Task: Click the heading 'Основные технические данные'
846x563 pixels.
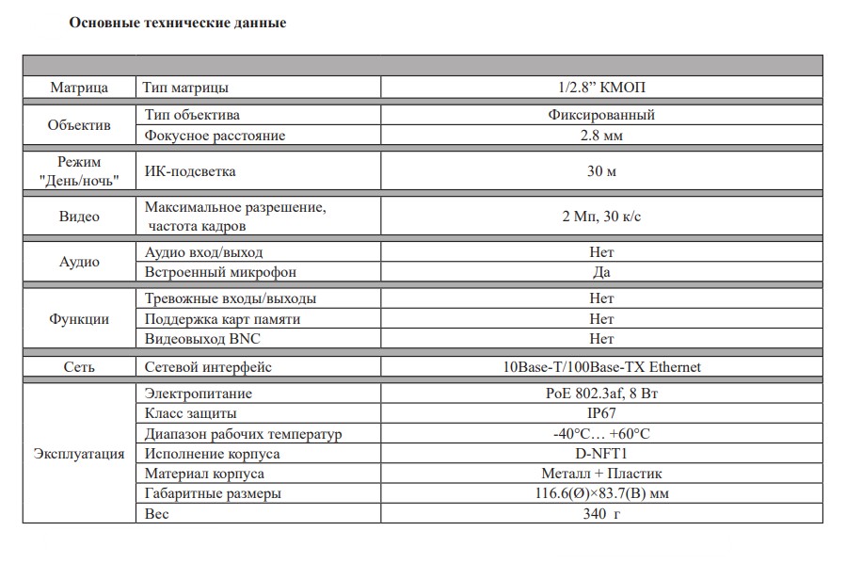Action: point(178,23)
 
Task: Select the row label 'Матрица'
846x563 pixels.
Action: point(79,88)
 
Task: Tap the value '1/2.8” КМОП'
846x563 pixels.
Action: point(601,88)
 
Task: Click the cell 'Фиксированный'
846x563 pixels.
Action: point(601,115)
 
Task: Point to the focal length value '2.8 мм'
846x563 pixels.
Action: point(601,136)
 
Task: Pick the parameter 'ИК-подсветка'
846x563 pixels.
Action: point(189,171)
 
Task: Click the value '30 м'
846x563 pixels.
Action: point(601,171)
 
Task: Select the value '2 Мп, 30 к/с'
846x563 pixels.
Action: point(601,217)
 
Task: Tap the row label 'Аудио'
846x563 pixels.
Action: point(79,263)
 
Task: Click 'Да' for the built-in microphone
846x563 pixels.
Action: point(601,272)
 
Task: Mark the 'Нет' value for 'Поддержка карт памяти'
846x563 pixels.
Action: point(601,318)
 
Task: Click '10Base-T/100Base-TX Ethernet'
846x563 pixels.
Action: point(601,367)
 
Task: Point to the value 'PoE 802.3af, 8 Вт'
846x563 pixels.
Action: point(601,394)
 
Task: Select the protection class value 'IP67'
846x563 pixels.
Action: point(601,413)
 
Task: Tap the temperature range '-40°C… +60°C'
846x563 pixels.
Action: point(601,434)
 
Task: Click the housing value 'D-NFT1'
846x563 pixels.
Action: point(601,454)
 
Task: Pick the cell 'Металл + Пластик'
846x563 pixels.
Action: point(601,474)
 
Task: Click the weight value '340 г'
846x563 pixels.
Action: point(601,514)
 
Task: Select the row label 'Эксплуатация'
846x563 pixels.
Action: point(79,454)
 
